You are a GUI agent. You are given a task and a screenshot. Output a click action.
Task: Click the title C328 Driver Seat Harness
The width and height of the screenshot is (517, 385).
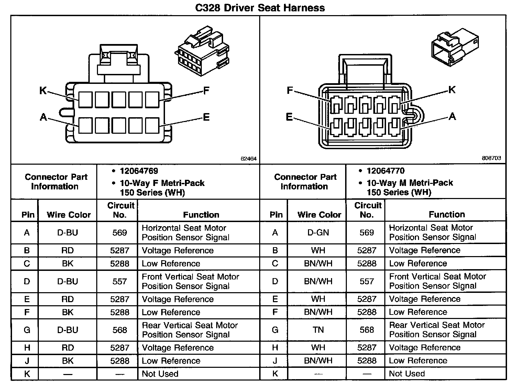click(x=260, y=8)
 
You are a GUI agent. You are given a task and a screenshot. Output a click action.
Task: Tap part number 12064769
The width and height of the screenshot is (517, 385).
click(x=139, y=171)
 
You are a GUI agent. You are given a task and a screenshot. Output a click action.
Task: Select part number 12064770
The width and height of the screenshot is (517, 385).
click(x=385, y=171)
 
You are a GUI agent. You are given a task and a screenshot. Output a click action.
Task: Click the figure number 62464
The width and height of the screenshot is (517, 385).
click(x=249, y=159)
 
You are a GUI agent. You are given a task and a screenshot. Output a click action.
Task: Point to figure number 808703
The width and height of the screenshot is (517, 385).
click(x=491, y=158)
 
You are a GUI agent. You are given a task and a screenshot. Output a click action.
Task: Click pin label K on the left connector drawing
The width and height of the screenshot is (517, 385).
click(x=43, y=90)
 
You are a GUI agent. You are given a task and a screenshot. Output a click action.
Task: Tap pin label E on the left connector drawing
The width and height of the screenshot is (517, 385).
click(x=206, y=117)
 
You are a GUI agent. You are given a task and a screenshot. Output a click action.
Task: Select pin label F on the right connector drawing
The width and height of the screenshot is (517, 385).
click(x=290, y=90)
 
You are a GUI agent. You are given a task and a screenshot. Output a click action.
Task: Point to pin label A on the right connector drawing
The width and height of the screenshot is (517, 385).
click(x=452, y=117)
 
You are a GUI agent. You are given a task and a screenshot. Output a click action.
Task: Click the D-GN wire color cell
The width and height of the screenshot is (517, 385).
click(x=318, y=233)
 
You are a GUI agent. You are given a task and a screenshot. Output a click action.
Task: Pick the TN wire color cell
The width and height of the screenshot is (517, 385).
click(x=318, y=330)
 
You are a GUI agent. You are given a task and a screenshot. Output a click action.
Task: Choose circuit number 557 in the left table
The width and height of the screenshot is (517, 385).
click(x=120, y=282)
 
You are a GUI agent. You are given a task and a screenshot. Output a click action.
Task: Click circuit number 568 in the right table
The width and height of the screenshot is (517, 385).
click(x=366, y=330)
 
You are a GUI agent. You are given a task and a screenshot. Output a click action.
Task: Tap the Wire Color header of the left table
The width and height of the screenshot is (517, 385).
click(x=69, y=215)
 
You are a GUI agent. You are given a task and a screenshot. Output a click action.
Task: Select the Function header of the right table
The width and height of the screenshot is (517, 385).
click(x=447, y=214)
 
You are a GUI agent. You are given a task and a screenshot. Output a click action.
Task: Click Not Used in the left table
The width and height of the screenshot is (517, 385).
click(x=160, y=374)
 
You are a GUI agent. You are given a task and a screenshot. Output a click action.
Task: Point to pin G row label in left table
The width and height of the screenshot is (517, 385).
click(x=27, y=330)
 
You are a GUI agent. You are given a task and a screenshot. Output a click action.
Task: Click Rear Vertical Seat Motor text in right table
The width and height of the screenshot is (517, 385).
click(x=437, y=325)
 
